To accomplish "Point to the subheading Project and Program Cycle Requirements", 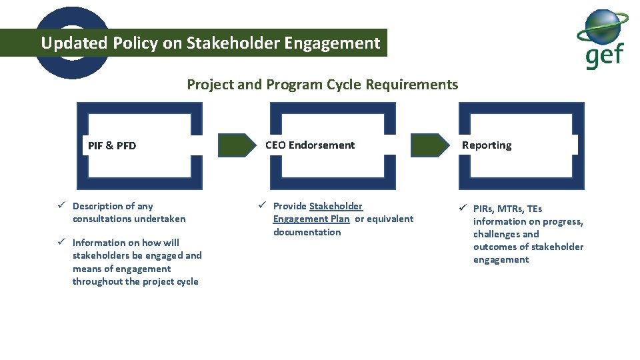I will [322, 85].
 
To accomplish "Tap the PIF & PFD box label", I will [112, 145].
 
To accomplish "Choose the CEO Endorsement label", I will [310, 145].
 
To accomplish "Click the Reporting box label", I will [487, 145].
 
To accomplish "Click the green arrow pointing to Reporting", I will [430, 145].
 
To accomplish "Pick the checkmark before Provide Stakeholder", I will [263, 206].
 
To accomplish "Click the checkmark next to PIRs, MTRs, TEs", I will [463, 209].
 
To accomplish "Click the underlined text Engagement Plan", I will [311, 219].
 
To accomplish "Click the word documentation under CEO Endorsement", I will [307, 232].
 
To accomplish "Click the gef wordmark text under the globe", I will [605, 56].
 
